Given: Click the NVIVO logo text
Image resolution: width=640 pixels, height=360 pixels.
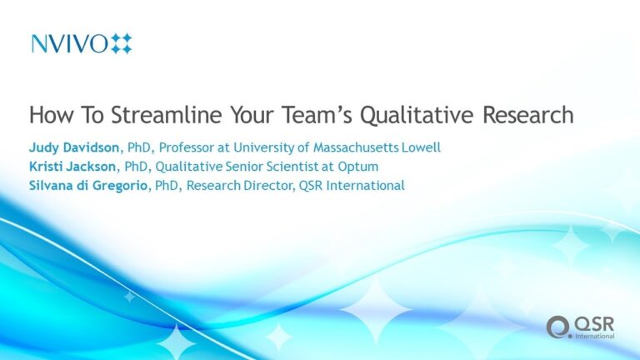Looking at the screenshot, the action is click(69, 43).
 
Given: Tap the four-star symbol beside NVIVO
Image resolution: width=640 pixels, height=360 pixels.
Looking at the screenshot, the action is click(122, 43).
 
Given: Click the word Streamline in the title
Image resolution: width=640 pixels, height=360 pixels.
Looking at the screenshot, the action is click(167, 115).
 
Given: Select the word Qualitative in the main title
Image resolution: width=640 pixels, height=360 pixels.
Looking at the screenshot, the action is click(417, 116).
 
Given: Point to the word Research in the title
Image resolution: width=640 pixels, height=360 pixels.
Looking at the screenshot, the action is click(528, 115).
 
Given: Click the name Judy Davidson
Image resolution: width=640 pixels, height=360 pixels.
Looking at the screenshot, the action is click(74, 147).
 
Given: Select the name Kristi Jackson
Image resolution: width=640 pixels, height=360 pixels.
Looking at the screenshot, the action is click(72, 167).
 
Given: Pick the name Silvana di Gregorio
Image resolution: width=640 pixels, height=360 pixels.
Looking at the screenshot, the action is click(88, 186).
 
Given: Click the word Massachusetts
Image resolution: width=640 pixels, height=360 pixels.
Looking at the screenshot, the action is click(356, 147).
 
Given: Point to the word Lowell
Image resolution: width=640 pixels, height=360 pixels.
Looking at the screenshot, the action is click(421, 147).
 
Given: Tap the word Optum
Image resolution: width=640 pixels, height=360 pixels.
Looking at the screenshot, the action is click(358, 167).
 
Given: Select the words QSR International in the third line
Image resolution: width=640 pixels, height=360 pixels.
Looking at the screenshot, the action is click(352, 186).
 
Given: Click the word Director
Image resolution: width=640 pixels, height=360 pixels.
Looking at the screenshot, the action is click(268, 186).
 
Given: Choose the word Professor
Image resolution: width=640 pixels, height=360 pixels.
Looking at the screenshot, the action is click(187, 147).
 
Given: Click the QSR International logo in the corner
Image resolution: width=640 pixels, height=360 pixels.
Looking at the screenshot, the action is click(580, 327).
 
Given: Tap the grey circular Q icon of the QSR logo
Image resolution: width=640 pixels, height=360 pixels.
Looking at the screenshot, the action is click(558, 327).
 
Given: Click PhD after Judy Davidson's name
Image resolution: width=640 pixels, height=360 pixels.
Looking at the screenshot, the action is click(139, 147).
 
